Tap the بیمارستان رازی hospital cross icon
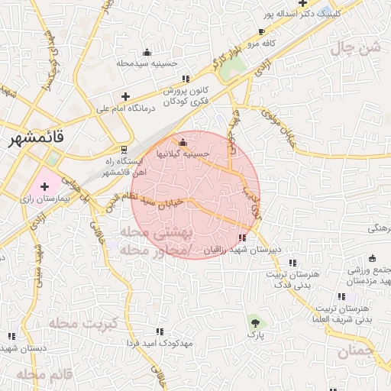44,186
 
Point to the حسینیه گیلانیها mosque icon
182,143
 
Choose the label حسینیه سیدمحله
147,64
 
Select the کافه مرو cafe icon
262,32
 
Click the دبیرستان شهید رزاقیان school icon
243,238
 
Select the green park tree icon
254,323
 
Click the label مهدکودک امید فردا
160,342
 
